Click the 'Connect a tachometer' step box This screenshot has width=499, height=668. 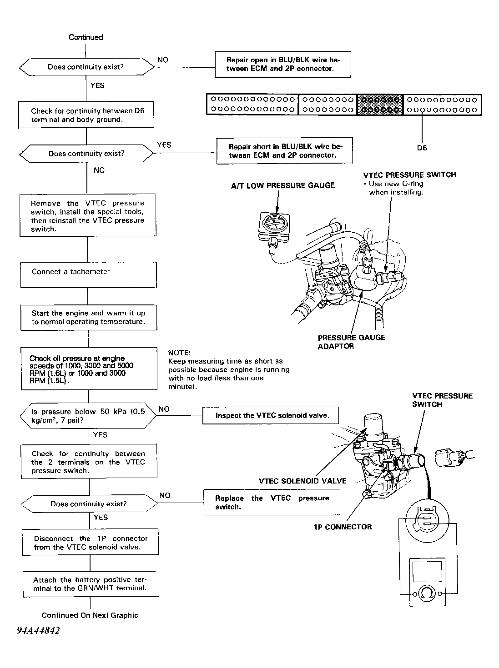(x=88, y=275)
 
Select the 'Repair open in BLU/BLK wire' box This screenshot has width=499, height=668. (x=282, y=65)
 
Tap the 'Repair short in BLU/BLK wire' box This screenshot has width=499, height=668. (x=285, y=151)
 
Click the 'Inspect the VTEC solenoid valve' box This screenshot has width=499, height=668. (x=271, y=415)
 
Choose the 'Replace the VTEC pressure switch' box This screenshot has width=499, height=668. (x=272, y=502)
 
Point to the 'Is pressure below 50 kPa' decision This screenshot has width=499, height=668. (x=88, y=416)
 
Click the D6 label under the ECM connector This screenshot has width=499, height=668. (x=422, y=148)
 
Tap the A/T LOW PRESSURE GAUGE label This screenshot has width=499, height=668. (x=282, y=185)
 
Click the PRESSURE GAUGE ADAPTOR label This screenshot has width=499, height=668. (x=351, y=342)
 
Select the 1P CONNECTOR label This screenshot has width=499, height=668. (x=343, y=527)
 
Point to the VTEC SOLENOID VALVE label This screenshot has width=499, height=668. (x=302, y=481)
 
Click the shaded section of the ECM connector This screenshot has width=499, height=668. (x=379, y=105)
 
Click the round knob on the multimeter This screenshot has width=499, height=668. (x=427, y=594)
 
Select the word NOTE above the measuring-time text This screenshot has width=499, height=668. (x=179, y=353)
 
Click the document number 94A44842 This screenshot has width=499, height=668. (x=39, y=631)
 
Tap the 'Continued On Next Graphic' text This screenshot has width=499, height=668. (x=90, y=615)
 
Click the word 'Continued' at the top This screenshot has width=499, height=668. (x=86, y=37)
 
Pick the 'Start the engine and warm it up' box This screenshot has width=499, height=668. (x=88, y=317)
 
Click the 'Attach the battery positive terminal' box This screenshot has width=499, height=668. (x=90, y=584)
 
